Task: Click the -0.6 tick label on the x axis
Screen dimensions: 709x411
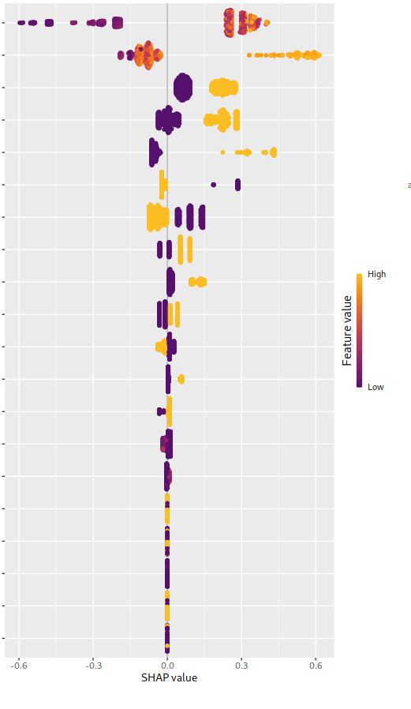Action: [19, 666]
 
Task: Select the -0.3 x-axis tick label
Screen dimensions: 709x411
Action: [93, 666]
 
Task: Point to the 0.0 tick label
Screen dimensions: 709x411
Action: [167, 666]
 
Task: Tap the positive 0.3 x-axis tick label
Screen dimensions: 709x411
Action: [241, 666]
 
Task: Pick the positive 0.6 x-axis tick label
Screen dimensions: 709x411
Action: [316, 666]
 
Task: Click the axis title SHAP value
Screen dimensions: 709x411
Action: [169, 678]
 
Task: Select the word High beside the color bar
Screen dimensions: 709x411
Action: [376, 274]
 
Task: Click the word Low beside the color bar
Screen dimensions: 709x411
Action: [376, 387]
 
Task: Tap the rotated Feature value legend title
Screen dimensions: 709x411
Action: [347, 330]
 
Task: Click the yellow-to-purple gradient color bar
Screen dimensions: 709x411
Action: [359, 330]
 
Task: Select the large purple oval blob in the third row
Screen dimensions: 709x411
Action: [183, 88]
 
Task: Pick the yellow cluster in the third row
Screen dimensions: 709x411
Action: [223, 88]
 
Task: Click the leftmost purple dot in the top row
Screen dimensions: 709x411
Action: [21, 23]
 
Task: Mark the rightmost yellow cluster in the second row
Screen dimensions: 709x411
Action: [305, 55]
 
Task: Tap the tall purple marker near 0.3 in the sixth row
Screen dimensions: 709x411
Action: [237, 185]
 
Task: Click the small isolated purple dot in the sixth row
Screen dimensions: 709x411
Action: [213, 185]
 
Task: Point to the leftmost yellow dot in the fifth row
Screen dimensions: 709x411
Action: [222, 152]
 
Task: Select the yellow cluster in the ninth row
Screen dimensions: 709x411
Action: [197, 282]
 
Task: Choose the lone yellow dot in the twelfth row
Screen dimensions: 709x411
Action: [181, 379]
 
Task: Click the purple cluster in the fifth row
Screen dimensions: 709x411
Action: [155, 152]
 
